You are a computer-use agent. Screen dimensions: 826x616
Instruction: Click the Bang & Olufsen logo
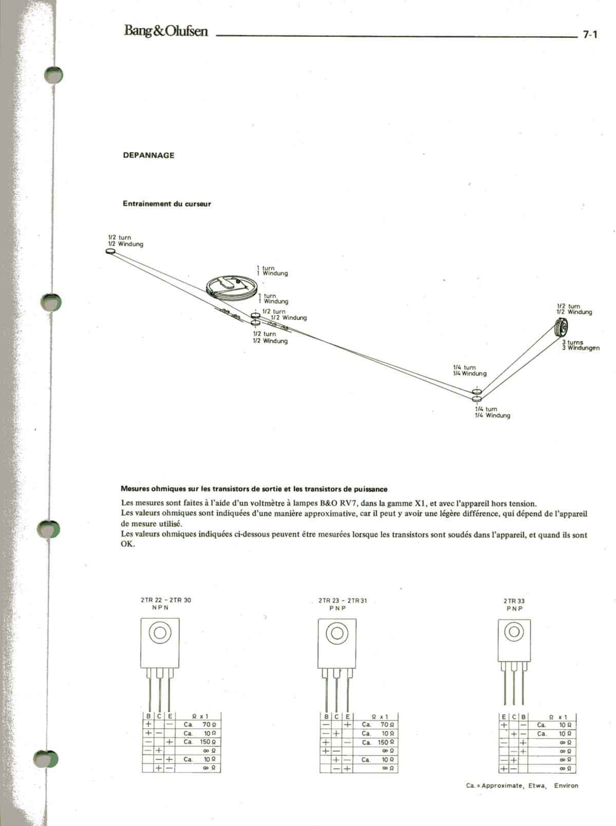tap(166, 31)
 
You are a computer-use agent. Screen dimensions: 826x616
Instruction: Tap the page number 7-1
tap(590, 35)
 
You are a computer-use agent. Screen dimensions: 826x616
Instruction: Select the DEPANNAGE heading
tap(149, 155)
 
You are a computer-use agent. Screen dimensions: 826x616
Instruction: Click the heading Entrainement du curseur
tap(167, 204)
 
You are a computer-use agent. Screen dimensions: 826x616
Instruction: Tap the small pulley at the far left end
tap(111, 251)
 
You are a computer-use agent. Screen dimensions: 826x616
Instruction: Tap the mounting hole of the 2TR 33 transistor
tap(514, 631)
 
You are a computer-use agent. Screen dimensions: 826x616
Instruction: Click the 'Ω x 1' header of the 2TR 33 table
tap(558, 717)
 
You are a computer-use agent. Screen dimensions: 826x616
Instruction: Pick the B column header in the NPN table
tap(149, 716)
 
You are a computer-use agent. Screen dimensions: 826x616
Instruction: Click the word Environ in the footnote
tap(566, 785)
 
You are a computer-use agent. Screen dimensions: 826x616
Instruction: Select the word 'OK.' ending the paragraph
tap(128, 543)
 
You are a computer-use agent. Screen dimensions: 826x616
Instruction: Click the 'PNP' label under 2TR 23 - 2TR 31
tap(337, 608)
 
